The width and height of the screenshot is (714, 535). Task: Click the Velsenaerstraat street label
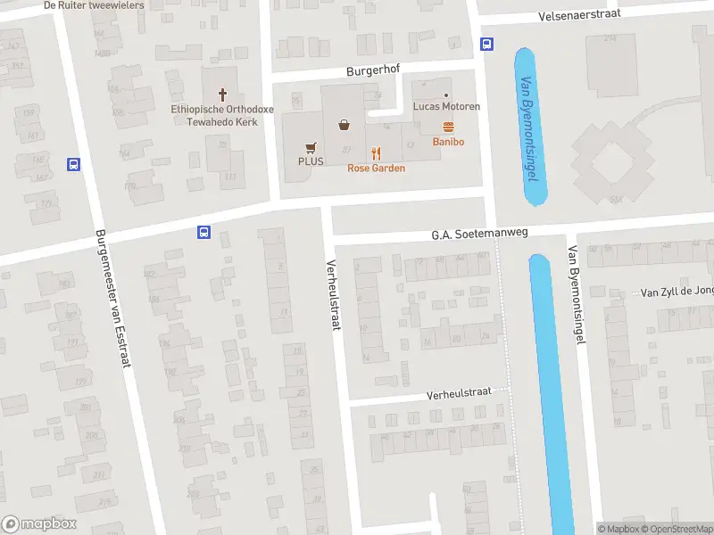pos(579,16)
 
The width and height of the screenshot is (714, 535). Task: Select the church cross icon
pos(221,94)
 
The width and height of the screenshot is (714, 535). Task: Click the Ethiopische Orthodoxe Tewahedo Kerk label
pos(214,115)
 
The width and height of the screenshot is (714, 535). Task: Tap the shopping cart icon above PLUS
pos(311,148)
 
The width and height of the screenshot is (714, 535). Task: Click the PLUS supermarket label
pos(311,161)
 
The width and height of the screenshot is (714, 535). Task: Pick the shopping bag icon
pos(344,125)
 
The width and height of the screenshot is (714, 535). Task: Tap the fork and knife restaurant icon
pos(376,153)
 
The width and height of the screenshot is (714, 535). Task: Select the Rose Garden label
pos(376,168)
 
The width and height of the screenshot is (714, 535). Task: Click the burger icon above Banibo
pos(448,128)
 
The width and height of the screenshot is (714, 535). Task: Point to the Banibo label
pos(448,142)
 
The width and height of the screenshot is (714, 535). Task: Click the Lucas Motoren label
pos(447,107)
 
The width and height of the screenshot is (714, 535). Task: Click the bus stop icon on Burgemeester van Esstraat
pos(73,164)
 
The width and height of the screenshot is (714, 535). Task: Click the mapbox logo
pos(39,524)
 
